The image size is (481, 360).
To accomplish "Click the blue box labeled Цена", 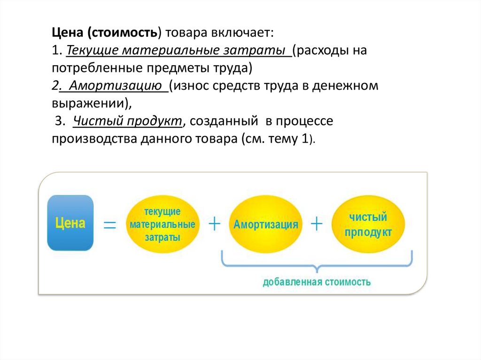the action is (x=70, y=223).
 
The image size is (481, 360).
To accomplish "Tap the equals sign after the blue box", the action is (x=110, y=225).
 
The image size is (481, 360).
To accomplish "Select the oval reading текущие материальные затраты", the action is (x=162, y=224).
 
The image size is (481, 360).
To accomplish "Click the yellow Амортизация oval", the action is (x=265, y=224).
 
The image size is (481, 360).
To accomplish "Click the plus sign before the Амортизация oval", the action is (x=214, y=224).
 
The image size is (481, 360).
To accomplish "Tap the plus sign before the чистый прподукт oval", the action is (x=317, y=224).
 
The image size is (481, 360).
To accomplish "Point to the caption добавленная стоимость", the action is (x=317, y=282).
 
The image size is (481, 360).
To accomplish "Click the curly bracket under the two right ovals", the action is (x=317, y=263).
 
